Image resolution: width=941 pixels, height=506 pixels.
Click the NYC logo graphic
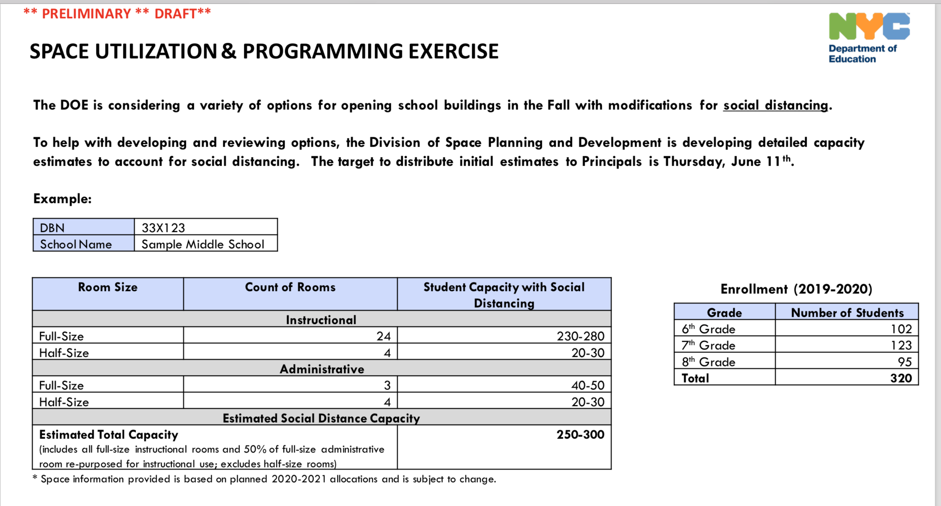869,26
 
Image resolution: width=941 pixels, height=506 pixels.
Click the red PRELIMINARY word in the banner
86,14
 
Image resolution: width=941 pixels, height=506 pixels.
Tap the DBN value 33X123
163,228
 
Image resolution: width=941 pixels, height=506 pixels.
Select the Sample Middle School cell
203,244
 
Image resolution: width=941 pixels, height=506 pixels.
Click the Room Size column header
107,287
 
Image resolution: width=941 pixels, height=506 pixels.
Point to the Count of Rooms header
290,287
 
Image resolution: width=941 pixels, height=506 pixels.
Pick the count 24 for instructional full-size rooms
383,336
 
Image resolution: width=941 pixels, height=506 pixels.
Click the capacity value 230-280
580,336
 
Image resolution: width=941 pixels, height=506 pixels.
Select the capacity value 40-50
587,385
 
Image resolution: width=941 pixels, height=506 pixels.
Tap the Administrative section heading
321,369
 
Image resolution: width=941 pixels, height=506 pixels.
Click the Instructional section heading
321,320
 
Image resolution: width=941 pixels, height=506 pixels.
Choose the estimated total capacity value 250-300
580,435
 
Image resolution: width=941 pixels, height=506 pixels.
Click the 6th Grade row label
708,329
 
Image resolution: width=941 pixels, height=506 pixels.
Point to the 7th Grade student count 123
901,345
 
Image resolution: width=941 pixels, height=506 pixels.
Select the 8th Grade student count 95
905,362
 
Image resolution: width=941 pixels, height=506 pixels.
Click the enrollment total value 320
901,378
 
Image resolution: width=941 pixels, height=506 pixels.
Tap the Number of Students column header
847,313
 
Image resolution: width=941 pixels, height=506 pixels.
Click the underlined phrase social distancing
775,105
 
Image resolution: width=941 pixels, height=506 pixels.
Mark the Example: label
62,199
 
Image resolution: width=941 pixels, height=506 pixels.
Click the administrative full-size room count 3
387,385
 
